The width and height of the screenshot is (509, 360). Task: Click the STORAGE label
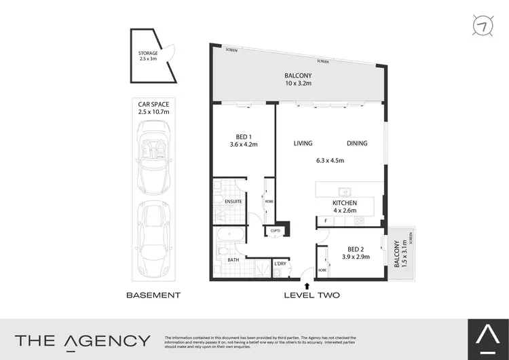(x=148, y=56)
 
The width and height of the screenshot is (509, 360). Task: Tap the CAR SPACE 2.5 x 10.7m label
(x=153, y=107)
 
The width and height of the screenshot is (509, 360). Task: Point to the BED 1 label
(x=242, y=140)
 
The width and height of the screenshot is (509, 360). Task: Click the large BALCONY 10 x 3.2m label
(x=297, y=80)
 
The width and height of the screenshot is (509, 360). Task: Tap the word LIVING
(x=303, y=143)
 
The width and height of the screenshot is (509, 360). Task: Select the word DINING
(x=357, y=143)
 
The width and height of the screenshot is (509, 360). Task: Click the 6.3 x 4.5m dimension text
(x=331, y=161)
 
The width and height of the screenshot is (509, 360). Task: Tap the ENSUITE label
(x=223, y=202)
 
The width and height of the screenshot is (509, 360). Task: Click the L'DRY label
(x=280, y=263)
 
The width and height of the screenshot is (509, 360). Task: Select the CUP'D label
(x=275, y=231)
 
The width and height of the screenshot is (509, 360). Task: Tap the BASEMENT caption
(x=154, y=295)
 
